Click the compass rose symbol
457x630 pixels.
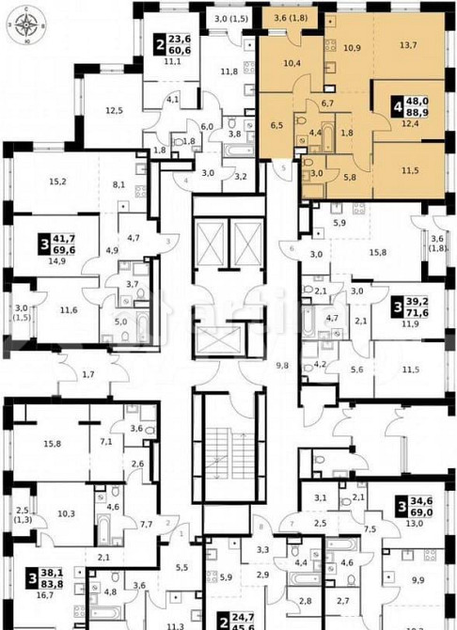click(x=27, y=25)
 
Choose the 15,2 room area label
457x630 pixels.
click(x=56, y=181)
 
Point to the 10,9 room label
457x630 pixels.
click(x=351, y=46)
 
